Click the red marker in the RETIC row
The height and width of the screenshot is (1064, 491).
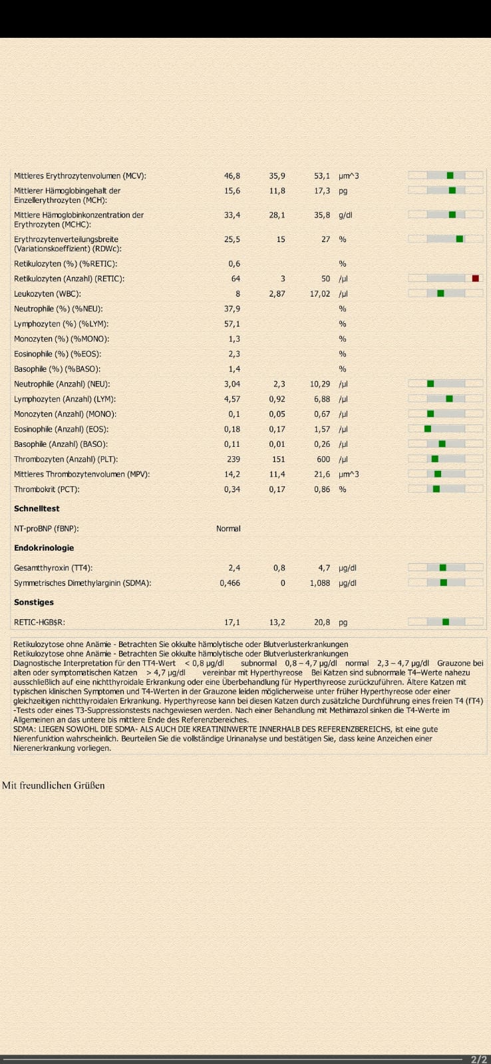point(475,279)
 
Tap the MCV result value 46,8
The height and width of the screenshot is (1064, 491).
point(232,176)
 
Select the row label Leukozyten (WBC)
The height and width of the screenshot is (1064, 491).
point(47,293)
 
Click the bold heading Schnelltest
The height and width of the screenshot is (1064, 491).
point(37,508)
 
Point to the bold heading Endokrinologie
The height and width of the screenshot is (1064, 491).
point(44,548)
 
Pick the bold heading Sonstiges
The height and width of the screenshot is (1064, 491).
point(34,602)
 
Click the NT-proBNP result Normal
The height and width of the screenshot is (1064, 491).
point(228,528)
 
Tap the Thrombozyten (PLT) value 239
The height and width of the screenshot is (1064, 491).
point(234,460)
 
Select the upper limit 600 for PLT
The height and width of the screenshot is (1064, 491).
point(323,460)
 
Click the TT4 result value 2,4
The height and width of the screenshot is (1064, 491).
point(234,568)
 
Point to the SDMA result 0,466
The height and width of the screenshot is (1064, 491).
point(230,583)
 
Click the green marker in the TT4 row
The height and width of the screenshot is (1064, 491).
point(443,567)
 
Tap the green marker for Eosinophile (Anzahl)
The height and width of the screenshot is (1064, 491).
point(428,429)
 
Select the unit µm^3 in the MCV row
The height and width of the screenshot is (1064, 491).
point(349,176)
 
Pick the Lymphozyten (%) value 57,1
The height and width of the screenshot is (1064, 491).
point(232,324)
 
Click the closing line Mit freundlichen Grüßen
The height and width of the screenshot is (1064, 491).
point(53,785)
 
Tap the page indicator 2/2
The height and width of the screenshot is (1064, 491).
point(479,1059)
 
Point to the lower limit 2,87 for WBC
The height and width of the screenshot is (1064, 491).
point(277,293)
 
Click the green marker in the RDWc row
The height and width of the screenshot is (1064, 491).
point(460,239)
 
